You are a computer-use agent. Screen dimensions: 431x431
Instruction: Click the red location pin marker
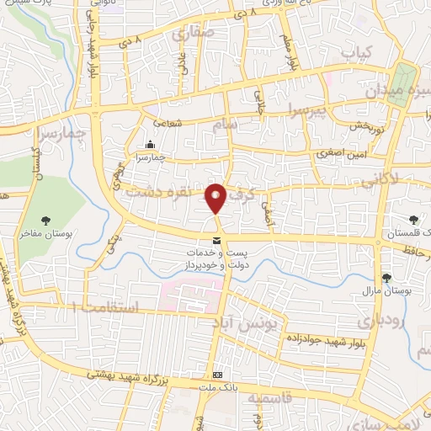pos(217,200)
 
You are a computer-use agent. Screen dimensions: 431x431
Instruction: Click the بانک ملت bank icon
pos(218,375)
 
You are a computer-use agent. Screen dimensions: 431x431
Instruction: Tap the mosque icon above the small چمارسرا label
pos(150,144)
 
